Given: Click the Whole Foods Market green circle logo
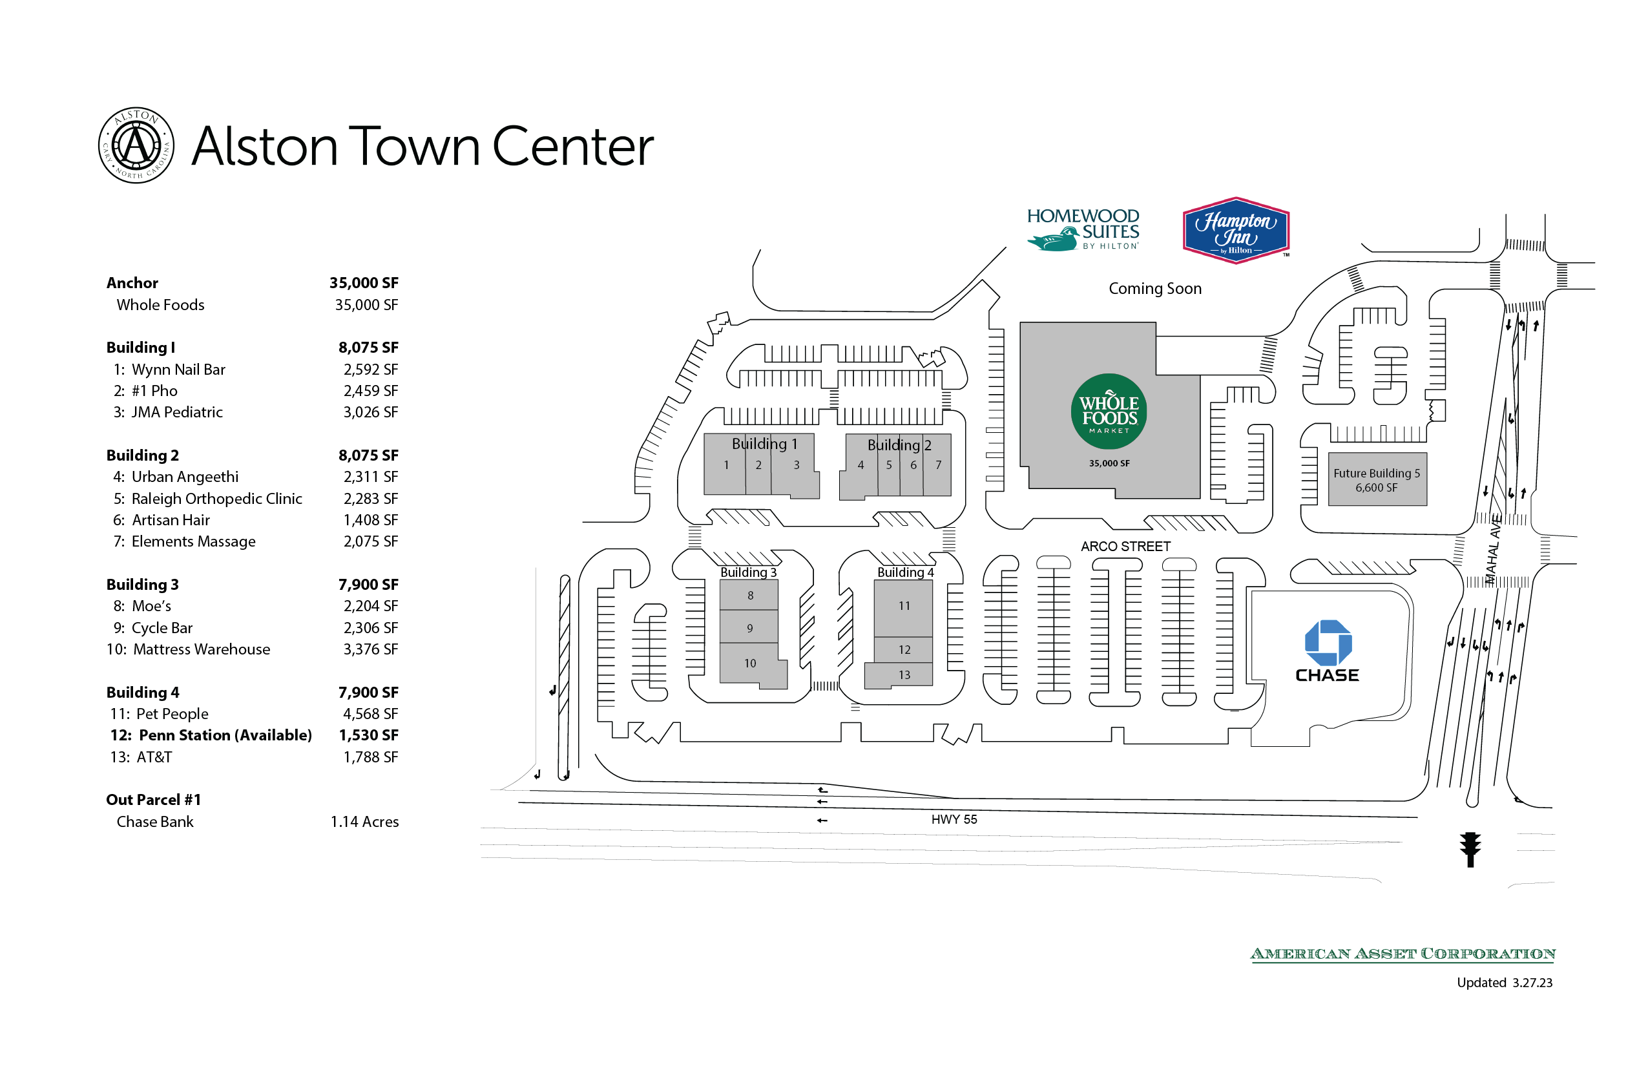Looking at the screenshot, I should tap(1108, 411).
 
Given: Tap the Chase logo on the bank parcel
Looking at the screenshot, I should tap(1327, 650).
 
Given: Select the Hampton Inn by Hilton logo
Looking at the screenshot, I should tap(1235, 231).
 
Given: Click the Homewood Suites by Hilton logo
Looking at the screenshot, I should tap(1083, 229).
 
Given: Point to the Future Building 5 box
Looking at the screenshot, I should tap(1377, 479).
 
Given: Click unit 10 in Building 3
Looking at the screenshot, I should tap(749, 663).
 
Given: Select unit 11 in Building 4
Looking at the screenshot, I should tap(904, 606).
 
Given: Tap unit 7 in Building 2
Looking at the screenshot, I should tap(938, 465).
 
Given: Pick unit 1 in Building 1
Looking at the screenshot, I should tap(726, 465).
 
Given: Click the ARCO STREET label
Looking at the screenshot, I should tap(1125, 546).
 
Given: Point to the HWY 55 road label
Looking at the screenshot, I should tap(954, 820).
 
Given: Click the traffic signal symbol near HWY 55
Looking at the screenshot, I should tap(1470, 849).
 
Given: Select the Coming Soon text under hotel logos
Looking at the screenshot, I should tap(1154, 289).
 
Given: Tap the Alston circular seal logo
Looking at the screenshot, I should tap(136, 145).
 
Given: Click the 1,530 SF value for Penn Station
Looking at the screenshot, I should tap(368, 735).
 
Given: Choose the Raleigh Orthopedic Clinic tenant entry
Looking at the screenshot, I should tap(216, 498).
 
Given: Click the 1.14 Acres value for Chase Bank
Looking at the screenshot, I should tap(364, 822).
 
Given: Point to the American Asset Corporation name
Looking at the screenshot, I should tap(1403, 954).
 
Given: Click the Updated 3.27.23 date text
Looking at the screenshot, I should tap(1503, 982).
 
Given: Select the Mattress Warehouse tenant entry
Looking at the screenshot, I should tap(201, 649).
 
